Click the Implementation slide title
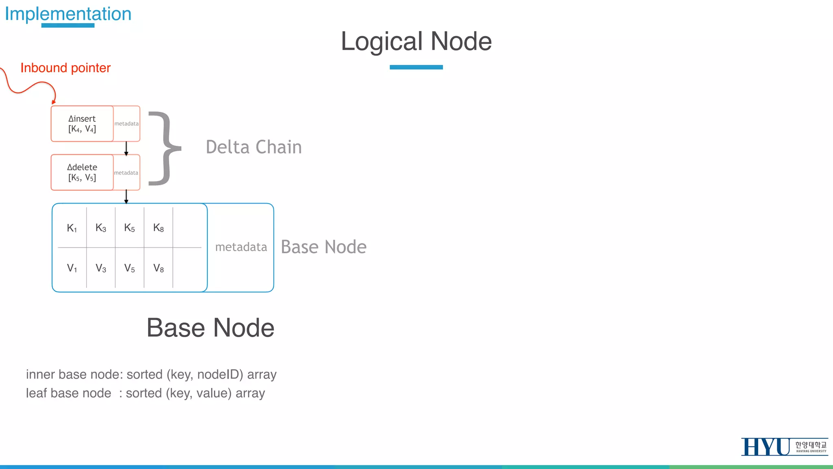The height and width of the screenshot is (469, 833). coord(68,14)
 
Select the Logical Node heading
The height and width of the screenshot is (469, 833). coord(416,42)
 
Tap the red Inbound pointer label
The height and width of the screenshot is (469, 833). coord(65,68)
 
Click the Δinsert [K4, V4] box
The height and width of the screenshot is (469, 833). coord(82,124)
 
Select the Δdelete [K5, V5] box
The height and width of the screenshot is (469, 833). coord(82,172)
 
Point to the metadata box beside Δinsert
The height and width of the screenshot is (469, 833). coord(126,124)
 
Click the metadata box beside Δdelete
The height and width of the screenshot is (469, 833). coord(126,173)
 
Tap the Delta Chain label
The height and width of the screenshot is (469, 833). coord(254,147)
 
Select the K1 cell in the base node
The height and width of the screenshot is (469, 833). coord(72,228)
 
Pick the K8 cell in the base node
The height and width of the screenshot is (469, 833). coord(159,228)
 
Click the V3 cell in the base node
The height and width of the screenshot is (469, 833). coord(101,268)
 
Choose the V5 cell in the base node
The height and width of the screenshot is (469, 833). coord(130,268)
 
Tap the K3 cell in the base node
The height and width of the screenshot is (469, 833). coord(101,228)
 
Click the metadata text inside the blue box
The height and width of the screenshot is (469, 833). coord(241,247)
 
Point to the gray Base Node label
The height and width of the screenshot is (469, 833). coord(324,247)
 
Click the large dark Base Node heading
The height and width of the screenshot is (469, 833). coord(210,328)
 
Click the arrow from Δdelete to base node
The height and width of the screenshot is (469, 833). coord(126,197)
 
